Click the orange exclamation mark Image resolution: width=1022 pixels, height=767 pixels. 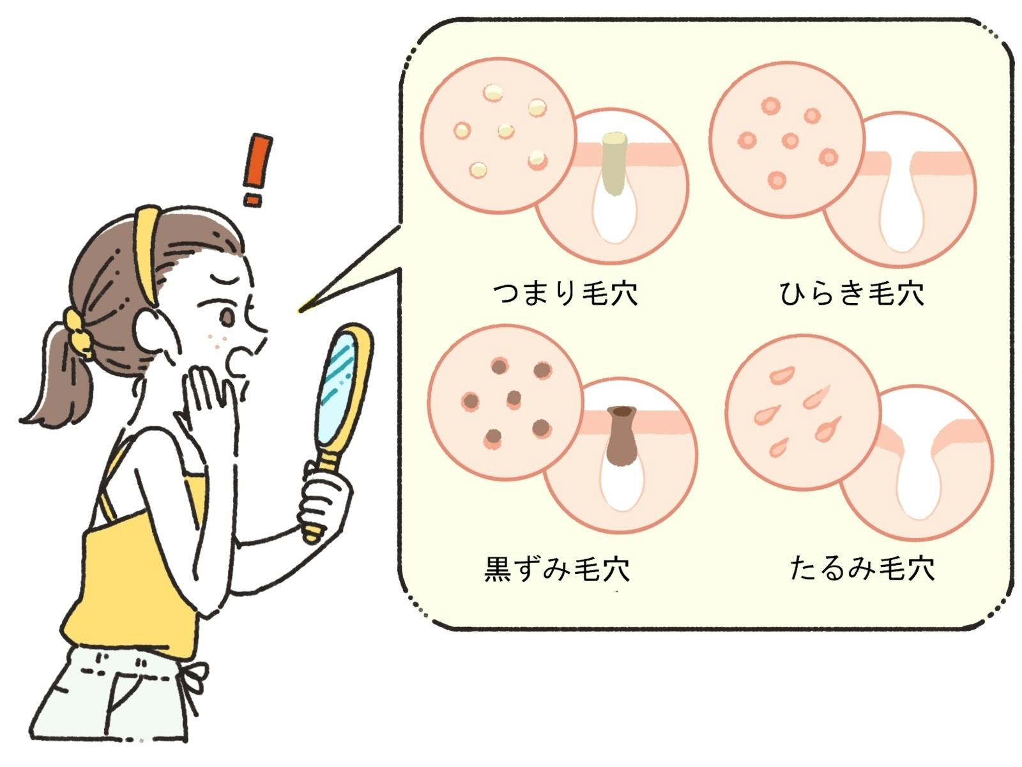tap(257, 170)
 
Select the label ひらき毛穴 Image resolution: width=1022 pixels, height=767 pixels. tap(851, 293)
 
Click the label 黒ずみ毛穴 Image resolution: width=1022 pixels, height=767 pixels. tap(557, 569)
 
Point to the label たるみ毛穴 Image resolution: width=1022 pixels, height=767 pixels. tap(862, 568)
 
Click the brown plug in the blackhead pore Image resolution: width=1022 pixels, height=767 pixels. tap(621, 435)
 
